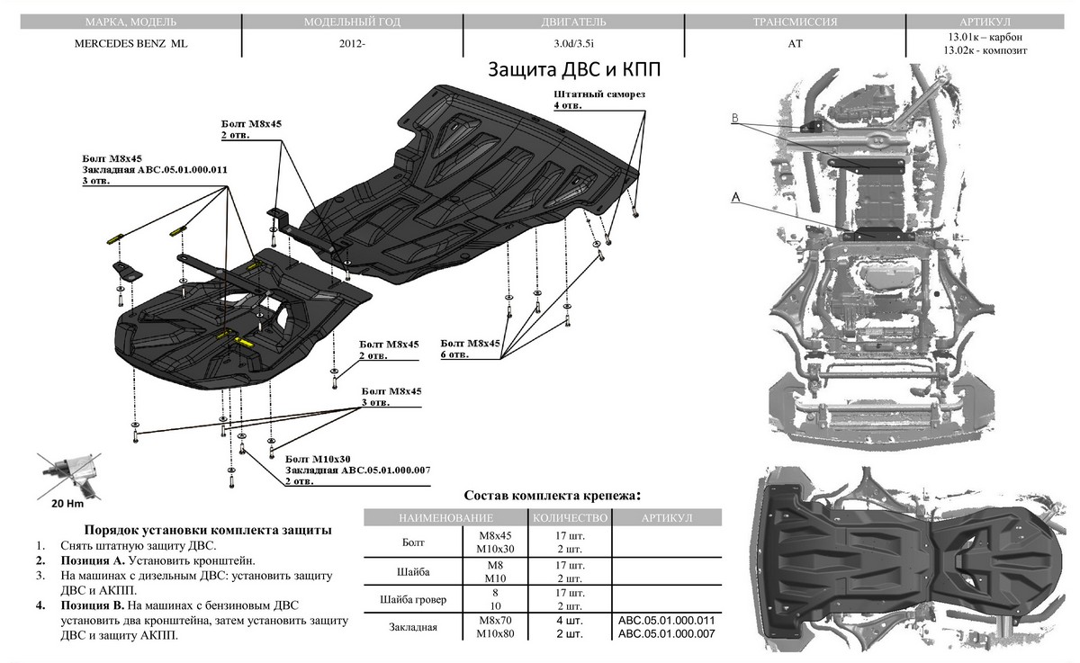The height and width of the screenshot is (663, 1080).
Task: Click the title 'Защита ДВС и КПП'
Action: [x=580, y=70]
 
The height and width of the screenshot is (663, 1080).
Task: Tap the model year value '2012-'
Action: [x=353, y=43]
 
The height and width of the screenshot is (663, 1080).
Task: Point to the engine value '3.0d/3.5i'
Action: [x=572, y=43]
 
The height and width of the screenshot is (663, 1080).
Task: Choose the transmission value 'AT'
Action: [x=794, y=43]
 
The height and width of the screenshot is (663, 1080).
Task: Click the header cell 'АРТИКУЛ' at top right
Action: [x=985, y=21]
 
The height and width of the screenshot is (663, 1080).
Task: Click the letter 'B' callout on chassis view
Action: [x=735, y=118]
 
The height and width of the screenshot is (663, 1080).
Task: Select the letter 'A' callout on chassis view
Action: [x=736, y=196]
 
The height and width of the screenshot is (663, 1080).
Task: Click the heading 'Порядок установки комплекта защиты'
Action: [x=206, y=530]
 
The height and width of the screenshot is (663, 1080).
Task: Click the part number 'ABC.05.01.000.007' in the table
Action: [x=666, y=634]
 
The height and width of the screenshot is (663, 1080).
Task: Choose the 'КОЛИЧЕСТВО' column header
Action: [x=570, y=518]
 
